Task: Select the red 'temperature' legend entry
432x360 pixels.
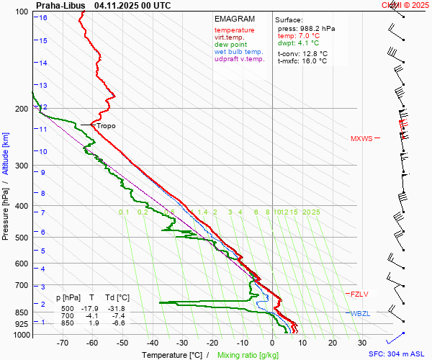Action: [234, 30]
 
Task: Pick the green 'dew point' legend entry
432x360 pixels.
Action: [231, 45]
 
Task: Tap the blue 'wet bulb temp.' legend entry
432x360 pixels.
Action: [238, 52]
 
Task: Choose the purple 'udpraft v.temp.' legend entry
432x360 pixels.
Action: [240, 60]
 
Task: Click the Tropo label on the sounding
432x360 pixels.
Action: [106, 126]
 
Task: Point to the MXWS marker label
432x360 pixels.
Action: [361, 138]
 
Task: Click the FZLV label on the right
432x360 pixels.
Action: [359, 294]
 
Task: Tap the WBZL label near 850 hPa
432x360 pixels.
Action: [360, 314]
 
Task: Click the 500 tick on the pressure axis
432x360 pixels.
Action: [21, 238]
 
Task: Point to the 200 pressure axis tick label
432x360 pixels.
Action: [21, 109]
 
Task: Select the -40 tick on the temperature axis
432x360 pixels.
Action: [152, 343]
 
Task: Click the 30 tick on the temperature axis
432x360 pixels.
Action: [361, 343]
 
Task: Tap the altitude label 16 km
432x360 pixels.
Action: [43, 17]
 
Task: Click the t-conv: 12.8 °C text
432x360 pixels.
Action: [302, 53]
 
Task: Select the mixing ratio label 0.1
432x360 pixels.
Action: [124, 212]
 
